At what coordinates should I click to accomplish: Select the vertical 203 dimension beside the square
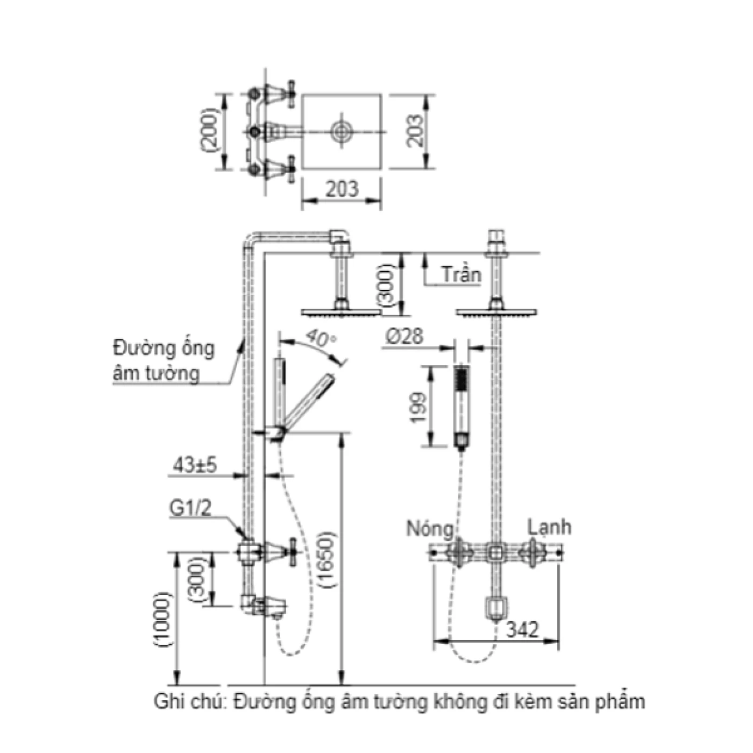point(415,131)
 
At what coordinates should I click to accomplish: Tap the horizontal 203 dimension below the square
point(342,189)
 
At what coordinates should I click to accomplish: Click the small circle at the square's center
point(342,131)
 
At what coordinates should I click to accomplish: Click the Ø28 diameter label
point(404,337)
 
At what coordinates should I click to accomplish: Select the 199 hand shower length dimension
point(419,407)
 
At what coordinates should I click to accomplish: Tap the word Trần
point(461,275)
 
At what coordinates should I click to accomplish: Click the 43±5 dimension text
point(195,465)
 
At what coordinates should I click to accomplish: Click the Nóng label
point(429,529)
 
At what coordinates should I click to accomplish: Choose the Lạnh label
point(549,527)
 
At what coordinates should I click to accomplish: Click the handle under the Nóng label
point(459,552)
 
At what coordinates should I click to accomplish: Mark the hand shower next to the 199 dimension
point(461,407)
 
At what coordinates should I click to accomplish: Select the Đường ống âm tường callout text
point(164,360)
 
